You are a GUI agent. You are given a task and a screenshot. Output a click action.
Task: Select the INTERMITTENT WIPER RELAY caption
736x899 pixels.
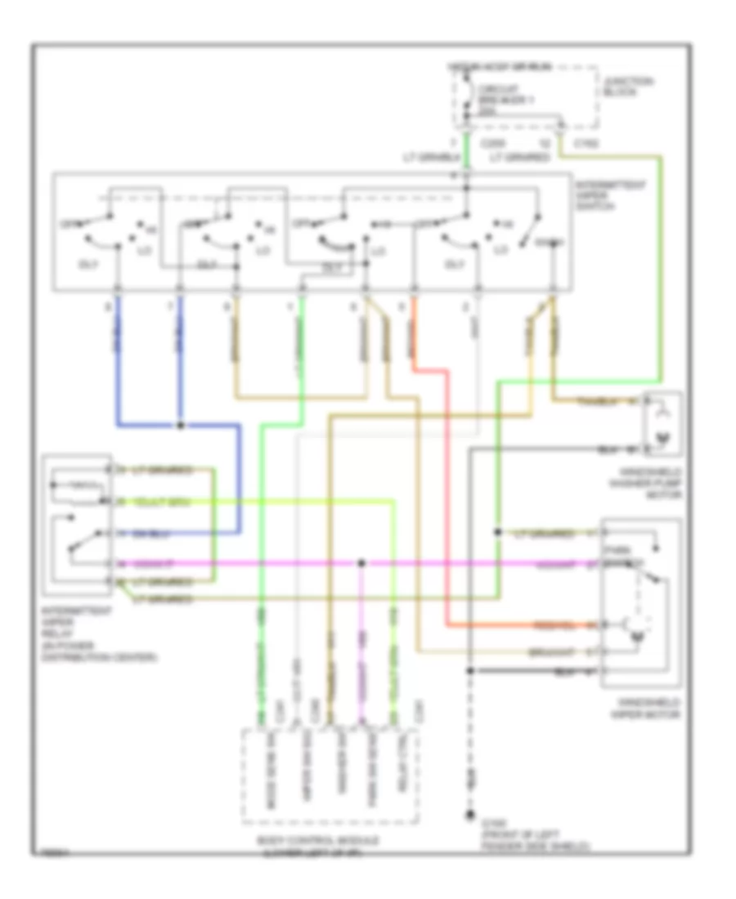coord(90,633)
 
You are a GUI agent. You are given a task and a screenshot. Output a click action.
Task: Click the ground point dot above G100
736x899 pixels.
coord(470,815)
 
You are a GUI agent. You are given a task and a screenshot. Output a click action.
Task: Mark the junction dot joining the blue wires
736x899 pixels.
coord(180,426)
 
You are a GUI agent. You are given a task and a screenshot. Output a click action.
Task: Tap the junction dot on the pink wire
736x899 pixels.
coord(362,564)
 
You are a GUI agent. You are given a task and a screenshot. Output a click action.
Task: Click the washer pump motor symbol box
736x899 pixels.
coord(662,423)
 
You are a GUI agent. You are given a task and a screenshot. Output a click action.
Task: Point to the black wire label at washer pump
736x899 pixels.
coord(609,449)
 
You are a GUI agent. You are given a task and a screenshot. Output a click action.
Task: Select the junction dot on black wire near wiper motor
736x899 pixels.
coord(470,670)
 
